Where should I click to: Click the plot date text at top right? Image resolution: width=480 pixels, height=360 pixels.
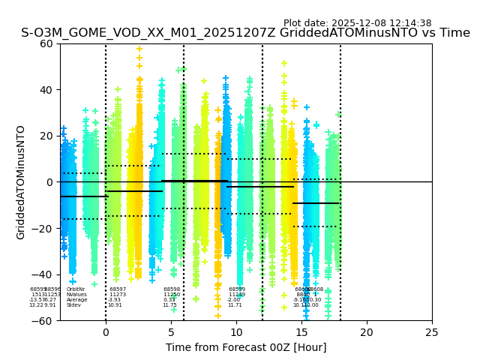click(357, 23)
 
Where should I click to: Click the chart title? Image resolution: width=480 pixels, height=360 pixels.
click(245, 33)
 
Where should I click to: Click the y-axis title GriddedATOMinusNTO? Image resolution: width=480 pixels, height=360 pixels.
click(21, 182)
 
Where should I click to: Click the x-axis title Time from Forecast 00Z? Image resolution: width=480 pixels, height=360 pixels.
click(246, 347)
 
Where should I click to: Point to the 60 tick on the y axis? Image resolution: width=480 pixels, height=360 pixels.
click(46, 43)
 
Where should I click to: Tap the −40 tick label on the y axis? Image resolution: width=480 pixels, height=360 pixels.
click(43, 274)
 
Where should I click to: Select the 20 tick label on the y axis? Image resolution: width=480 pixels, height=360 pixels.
click(46, 136)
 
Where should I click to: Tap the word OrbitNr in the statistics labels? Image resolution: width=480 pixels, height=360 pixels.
click(76, 289)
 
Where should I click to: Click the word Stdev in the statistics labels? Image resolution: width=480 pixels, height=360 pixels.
click(73, 305)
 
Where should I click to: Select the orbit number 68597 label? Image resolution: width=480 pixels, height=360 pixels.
click(118, 289)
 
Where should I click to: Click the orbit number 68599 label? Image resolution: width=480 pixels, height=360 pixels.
click(237, 289)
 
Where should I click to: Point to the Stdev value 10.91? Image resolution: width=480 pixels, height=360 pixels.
click(115, 305)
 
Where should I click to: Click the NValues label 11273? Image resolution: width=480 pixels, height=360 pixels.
click(118, 295)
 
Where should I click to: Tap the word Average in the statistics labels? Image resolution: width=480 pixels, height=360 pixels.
click(76, 300)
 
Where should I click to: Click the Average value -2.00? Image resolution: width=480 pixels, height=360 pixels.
click(235, 300)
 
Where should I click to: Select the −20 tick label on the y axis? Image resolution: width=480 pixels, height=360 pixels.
click(43, 228)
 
